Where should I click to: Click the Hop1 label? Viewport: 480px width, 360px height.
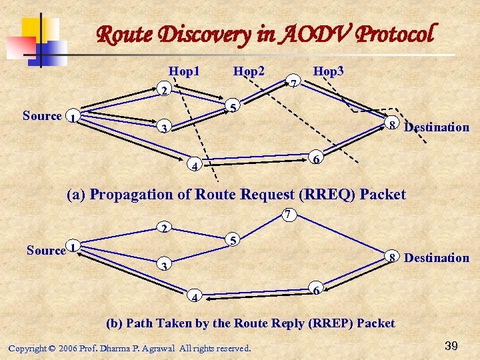(185, 71)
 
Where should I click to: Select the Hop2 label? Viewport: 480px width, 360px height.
(249, 71)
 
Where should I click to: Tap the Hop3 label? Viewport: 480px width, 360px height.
(329, 71)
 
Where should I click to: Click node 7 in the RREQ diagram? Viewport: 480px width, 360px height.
(294, 83)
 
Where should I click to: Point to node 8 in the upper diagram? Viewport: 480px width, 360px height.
(393, 124)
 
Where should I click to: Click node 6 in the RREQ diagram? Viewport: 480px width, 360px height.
(317, 158)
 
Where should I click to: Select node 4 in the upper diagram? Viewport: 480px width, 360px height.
(193, 165)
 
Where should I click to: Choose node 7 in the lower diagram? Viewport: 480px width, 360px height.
(286, 214)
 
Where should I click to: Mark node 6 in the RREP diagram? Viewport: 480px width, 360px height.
(317, 289)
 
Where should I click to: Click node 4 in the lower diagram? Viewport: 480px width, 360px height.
(193, 296)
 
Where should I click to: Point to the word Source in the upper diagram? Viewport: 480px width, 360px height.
(42, 116)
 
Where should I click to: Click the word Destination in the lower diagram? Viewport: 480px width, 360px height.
(437, 258)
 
